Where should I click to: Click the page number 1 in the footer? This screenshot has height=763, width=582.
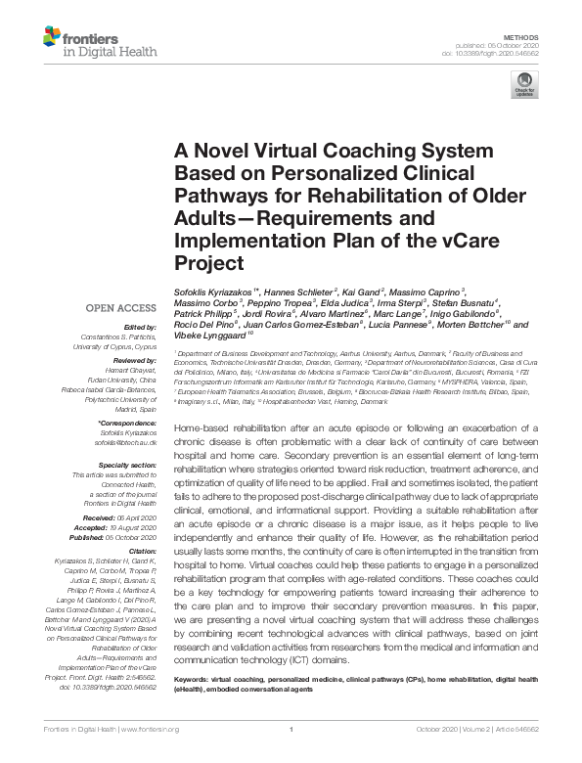(x=291, y=756)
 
